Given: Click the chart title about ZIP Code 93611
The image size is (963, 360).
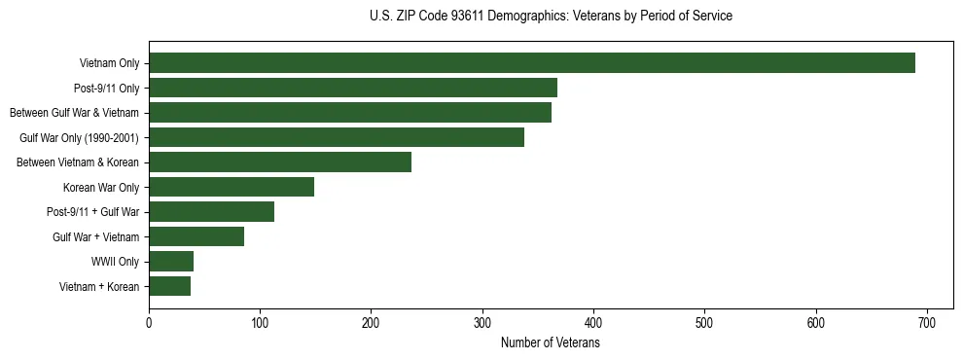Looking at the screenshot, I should (551, 17).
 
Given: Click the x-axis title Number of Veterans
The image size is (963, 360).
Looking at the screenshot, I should (551, 343).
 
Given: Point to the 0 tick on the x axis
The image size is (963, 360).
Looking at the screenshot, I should (149, 323).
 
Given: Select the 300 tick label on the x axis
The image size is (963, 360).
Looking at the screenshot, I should (482, 323).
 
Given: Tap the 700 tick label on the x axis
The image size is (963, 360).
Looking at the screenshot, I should (927, 323).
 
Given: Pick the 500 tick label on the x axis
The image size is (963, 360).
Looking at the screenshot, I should (704, 323).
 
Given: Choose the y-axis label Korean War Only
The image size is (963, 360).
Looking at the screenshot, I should (101, 187).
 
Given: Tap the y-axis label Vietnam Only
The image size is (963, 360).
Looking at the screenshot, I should (109, 63).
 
